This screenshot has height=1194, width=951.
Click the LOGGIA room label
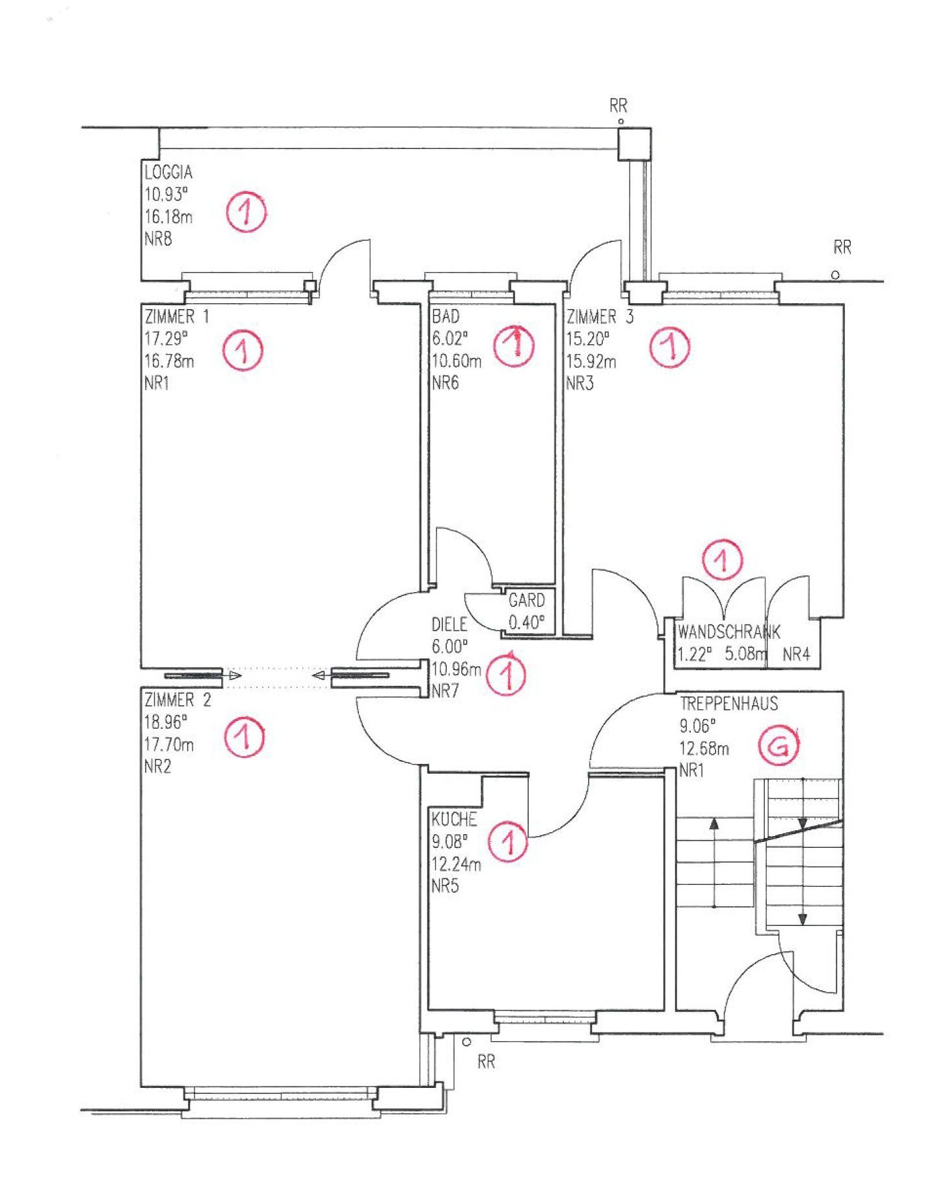click(168, 172)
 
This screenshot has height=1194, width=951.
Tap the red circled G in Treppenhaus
click(779, 748)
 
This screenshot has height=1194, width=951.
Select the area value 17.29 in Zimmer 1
click(165, 338)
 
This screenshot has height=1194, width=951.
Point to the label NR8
click(158, 239)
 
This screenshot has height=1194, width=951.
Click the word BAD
click(446, 317)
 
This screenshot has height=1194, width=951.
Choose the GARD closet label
click(526, 599)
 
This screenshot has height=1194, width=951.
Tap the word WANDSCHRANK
click(729, 631)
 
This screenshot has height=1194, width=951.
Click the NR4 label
click(796, 654)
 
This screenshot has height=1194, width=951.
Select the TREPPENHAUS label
click(729, 703)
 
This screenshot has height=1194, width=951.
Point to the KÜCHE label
click(454, 819)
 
